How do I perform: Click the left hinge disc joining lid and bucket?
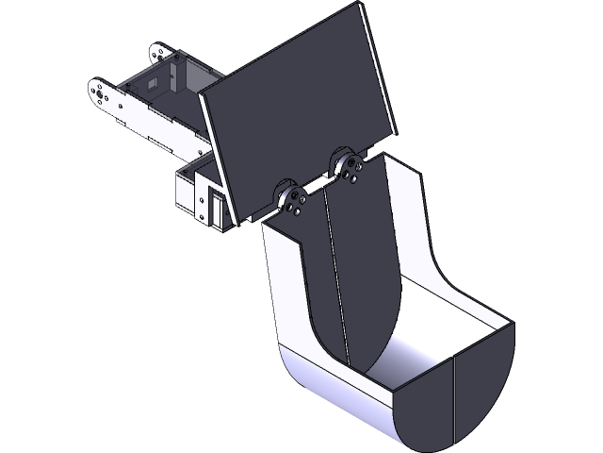293,200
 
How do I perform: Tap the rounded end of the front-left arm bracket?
97,92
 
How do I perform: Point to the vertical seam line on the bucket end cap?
455,396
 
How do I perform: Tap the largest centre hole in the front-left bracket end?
97,92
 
